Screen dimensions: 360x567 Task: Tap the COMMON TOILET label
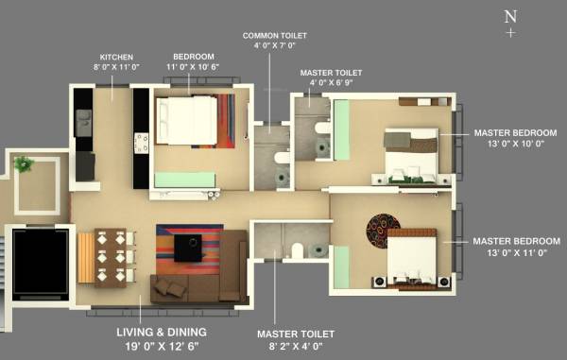[x=274, y=35]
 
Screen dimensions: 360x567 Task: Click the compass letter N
[x=510, y=16]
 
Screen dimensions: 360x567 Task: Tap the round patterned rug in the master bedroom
[x=383, y=230]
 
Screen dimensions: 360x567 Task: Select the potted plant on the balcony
[x=23, y=163]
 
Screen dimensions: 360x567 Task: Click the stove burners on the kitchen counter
[x=142, y=143]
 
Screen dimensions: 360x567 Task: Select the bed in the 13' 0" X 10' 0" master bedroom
[x=412, y=156]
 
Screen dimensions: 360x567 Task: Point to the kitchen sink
[x=83, y=121]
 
